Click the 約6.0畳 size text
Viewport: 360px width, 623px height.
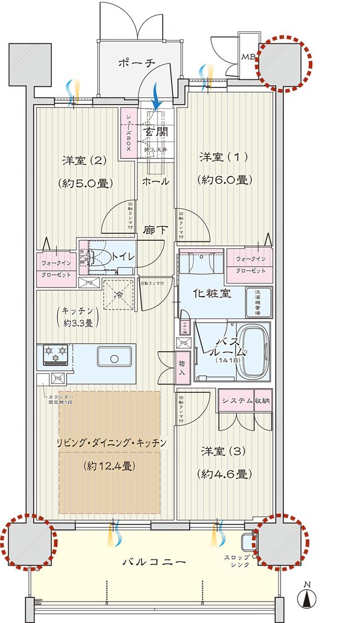pyautogui.click(x=224, y=180)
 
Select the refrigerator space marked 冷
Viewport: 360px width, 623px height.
pyautogui.click(x=119, y=294)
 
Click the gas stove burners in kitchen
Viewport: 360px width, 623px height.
pyautogui.click(x=55, y=354)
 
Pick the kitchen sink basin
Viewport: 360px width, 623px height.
pyautogui.click(x=115, y=357)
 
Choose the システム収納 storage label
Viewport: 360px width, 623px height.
pyautogui.click(x=245, y=401)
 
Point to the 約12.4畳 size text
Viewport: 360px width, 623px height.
pyautogui.click(x=111, y=465)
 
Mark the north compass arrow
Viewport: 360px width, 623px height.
pyautogui.click(x=308, y=601)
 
